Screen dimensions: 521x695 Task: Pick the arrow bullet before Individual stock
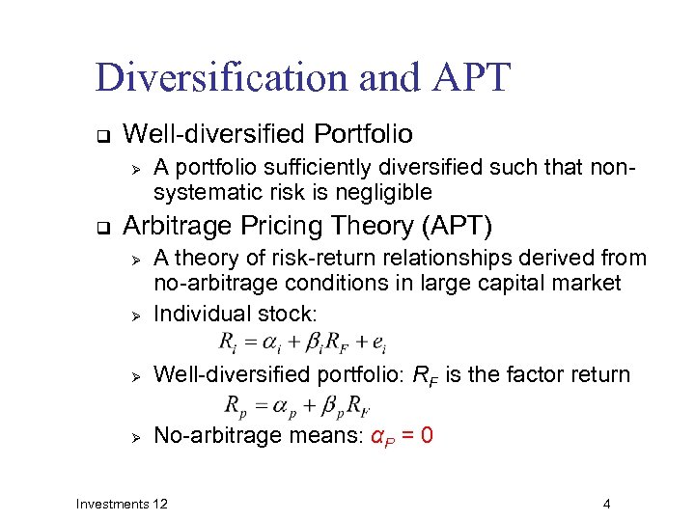(x=137, y=315)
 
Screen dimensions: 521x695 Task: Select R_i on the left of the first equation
(x=227, y=343)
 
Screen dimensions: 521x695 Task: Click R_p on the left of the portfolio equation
(x=235, y=404)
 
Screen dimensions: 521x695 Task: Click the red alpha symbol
(x=377, y=436)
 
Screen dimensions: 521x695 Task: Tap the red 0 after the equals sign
(x=427, y=435)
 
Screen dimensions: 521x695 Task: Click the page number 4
(x=606, y=504)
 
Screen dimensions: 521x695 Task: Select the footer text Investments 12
(x=122, y=504)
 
